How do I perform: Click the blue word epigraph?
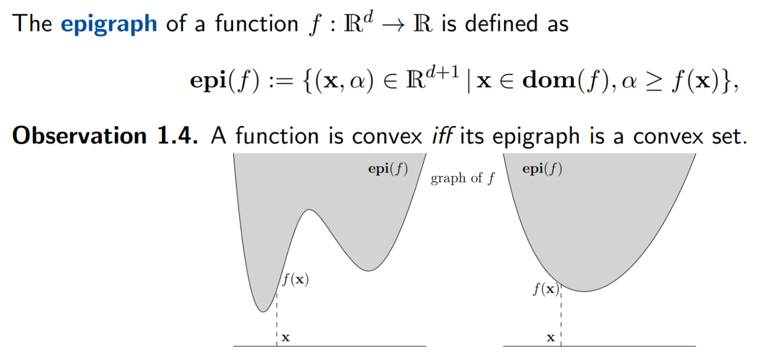[109, 23]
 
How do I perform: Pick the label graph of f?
[462, 179]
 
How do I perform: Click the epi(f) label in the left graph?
[388, 169]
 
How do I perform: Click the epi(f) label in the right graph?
[542, 169]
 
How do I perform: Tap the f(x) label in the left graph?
[295, 279]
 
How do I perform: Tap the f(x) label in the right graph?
[546, 290]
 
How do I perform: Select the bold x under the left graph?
[286, 338]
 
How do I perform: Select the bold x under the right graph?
[551, 338]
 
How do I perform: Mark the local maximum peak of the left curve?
[308, 210]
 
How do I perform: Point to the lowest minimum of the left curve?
[261, 311]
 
